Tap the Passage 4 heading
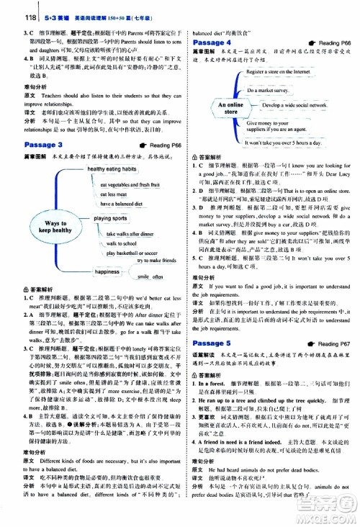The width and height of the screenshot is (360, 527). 215,43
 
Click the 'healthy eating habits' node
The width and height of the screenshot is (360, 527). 112,168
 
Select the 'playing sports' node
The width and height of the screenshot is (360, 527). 110,217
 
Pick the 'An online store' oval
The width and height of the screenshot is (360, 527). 222,108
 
